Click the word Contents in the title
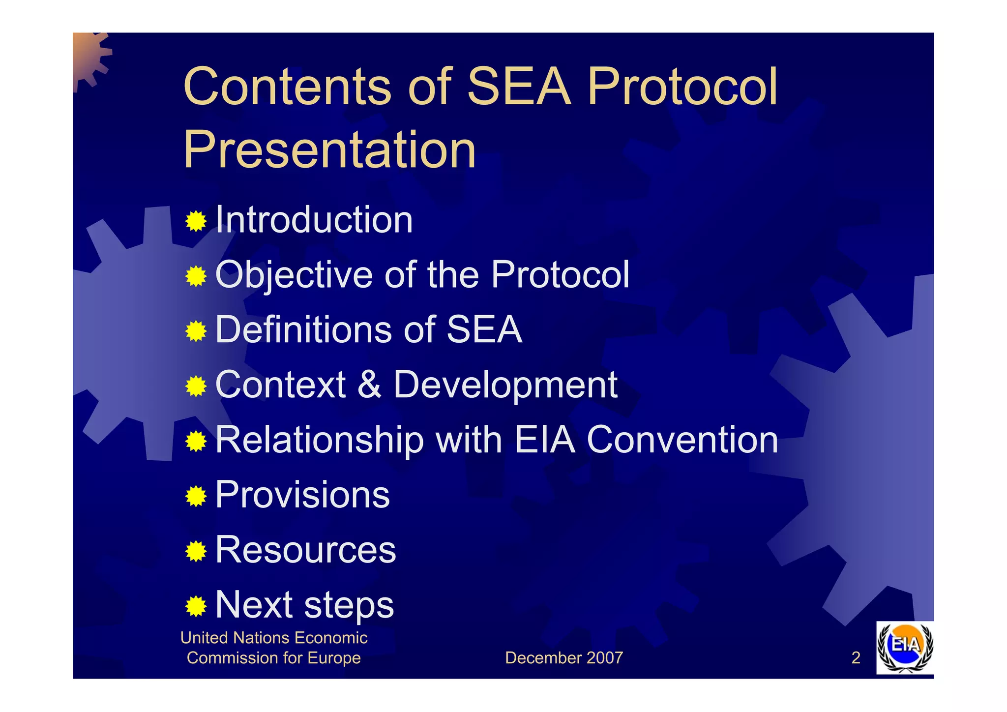[x=287, y=87]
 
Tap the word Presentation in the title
[x=329, y=150]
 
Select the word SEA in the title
[x=518, y=87]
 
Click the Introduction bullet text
[x=314, y=220]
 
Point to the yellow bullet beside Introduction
[x=196, y=222]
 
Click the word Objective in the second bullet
[x=294, y=275]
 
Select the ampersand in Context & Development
[x=369, y=385]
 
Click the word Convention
[x=682, y=440]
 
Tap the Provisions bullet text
[x=302, y=495]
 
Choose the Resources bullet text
[x=305, y=550]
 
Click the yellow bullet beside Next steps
[x=196, y=607]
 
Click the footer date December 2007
[x=563, y=658]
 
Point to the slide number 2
[x=856, y=658]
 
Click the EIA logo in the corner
[x=905, y=647]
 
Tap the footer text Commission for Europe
[x=274, y=658]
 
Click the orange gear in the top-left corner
[x=89, y=57]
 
